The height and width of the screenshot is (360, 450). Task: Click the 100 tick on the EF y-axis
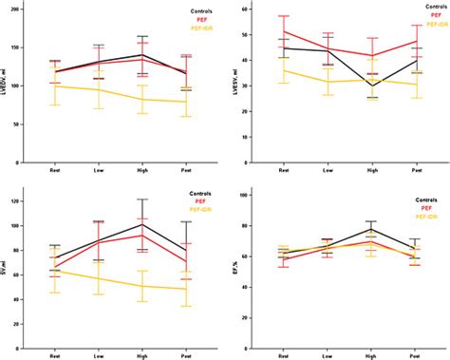pos(255,196)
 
